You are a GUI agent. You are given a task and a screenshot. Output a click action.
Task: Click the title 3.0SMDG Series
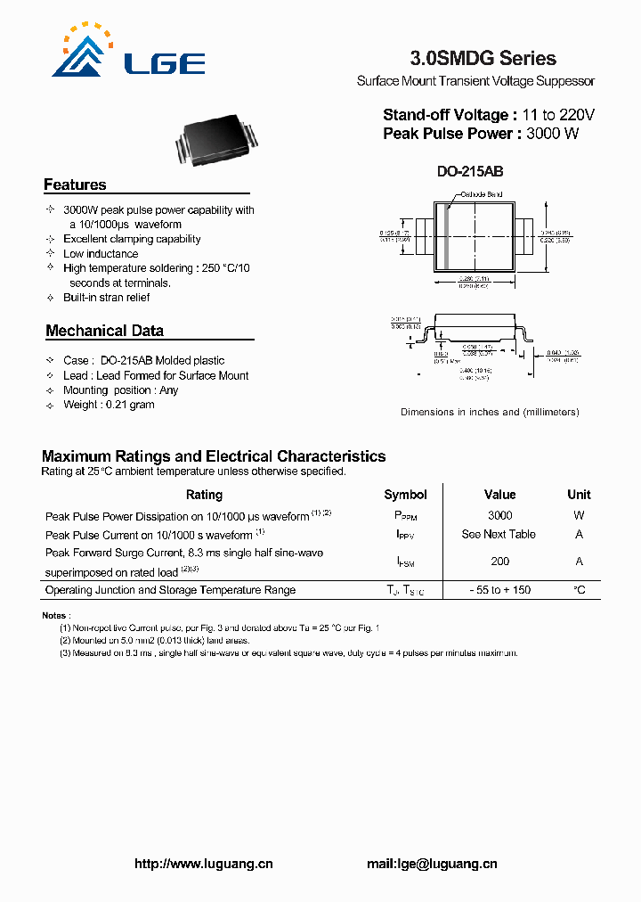coord(483,59)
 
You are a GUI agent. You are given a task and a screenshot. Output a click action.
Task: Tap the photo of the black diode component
coord(217,140)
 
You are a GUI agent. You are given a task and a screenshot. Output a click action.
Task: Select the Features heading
coord(75,184)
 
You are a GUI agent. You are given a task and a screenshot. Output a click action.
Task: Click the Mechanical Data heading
coord(104,331)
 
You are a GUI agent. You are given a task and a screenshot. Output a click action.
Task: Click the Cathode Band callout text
coord(482,194)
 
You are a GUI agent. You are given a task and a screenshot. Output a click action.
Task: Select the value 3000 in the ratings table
coord(499,515)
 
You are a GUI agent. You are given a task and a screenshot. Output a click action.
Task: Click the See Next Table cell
coord(499,534)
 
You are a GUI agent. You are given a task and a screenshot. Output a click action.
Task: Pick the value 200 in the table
coord(499,562)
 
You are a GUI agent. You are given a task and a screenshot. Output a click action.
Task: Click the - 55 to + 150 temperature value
coord(499,590)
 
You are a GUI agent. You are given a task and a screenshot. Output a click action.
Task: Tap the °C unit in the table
coord(579,590)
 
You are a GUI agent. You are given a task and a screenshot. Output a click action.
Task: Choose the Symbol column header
coord(405,495)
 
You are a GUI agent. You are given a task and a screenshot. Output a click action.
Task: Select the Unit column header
coord(579,495)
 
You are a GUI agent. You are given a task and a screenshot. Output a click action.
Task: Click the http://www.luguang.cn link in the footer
coord(203,864)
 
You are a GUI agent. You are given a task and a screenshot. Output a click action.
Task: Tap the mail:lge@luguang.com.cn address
coord(432,864)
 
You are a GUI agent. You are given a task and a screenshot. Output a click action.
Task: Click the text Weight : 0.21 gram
coord(109,405)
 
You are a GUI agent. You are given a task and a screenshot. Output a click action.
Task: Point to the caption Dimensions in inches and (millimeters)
coord(490,412)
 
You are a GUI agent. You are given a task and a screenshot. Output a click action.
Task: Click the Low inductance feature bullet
coord(101,254)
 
